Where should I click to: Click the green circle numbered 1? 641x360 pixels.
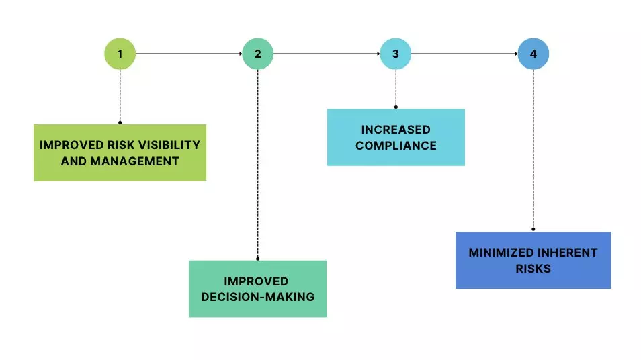(120, 54)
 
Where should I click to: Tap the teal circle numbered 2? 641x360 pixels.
(257, 54)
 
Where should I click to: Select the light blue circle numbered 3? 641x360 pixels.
(396, 54)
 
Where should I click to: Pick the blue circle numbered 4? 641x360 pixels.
(533, 54)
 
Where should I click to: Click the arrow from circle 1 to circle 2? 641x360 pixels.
(188, 54)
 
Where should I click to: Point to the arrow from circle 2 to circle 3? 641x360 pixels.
(327, 54)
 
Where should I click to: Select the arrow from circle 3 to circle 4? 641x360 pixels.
(464, 54)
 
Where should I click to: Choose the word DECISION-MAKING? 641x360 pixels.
(257, 296)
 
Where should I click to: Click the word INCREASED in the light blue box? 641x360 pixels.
(396, 129)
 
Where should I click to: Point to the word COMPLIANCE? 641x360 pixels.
(396, 145)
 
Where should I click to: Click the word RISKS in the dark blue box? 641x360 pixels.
(533, 269)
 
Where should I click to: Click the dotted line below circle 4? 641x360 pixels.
(533, 148)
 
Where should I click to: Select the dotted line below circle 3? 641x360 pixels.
(396, 87)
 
